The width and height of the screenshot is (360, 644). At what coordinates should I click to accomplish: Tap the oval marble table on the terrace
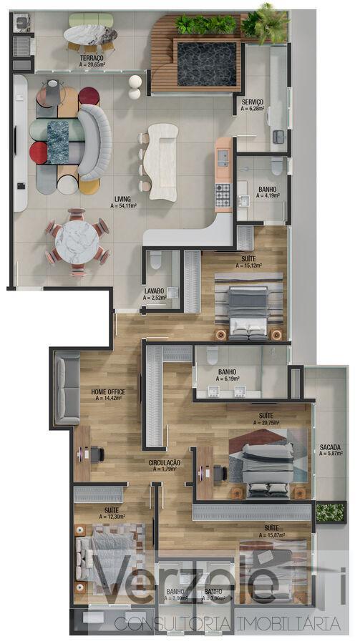[x=91, y=34]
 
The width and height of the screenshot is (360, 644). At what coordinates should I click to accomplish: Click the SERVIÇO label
[x=252, y=102]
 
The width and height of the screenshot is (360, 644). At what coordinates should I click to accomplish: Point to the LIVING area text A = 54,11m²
[x=123, y=205]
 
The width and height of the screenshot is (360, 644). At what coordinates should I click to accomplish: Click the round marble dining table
[x=77, y=241]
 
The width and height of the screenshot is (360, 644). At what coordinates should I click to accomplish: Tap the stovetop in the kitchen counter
[x=223, y=191]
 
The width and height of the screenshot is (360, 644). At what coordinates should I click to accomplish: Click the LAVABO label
[x=154, y=291]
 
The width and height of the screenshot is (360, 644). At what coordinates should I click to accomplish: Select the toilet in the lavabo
[x=156, y=259]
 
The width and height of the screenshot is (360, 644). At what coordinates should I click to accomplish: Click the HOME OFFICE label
[x=108, y=392]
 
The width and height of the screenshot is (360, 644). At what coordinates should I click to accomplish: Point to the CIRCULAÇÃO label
[x=164, y=463]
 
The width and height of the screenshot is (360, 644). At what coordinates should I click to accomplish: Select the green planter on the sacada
[x=330, y=512]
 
